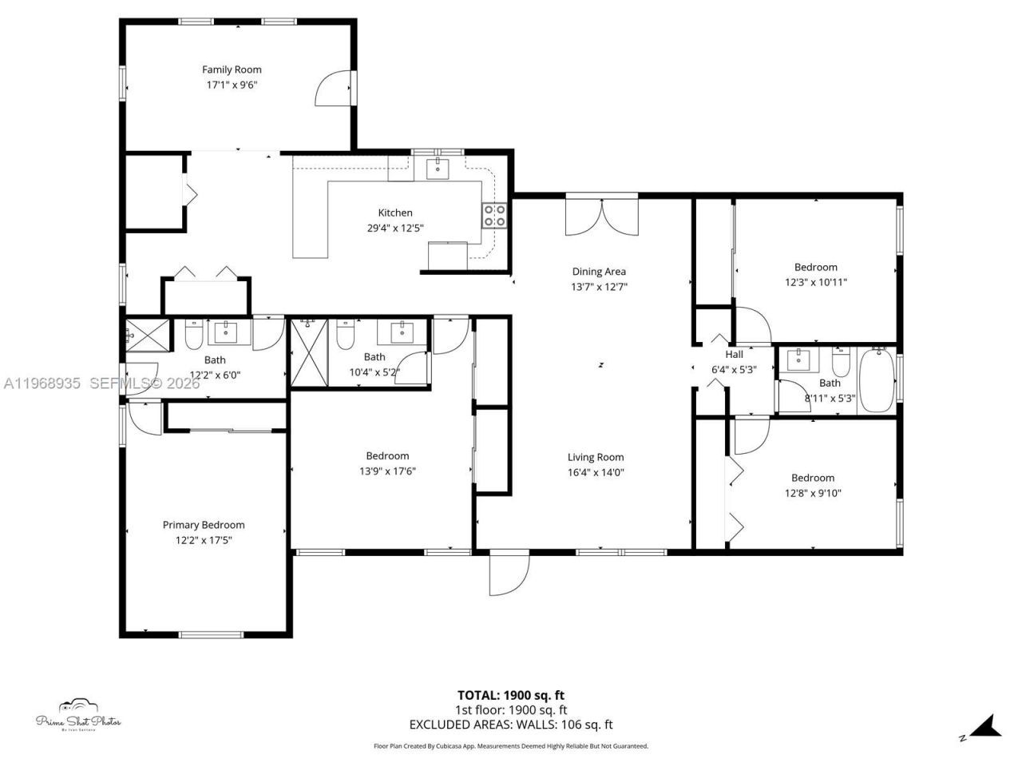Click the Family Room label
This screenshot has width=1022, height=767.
click(232, 70)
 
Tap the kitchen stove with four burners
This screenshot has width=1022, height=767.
click(493, 216)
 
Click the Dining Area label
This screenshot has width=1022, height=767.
click(599, 272)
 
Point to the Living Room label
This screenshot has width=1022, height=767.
click(596, 457)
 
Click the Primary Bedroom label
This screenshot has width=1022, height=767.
click(204, 525)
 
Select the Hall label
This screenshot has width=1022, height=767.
click(734, 354)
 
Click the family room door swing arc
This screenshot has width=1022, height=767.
click(331, 89)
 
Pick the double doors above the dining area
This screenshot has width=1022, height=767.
click(602, 216)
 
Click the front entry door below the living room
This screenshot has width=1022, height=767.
click(509, 574)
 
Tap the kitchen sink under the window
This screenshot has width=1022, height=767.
click(438, 168)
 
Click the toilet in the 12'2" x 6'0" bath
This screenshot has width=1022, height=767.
click(193, 336)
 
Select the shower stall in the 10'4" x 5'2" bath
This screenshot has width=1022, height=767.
click(309, 352)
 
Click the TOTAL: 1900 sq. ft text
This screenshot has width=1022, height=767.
click(510, 695)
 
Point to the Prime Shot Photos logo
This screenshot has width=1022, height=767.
click(78, 715)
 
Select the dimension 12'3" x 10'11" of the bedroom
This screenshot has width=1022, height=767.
click(815, 282)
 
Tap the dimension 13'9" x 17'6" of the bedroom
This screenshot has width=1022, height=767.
click(387, 471)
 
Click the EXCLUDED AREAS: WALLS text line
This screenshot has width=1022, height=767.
click(510, 725)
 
